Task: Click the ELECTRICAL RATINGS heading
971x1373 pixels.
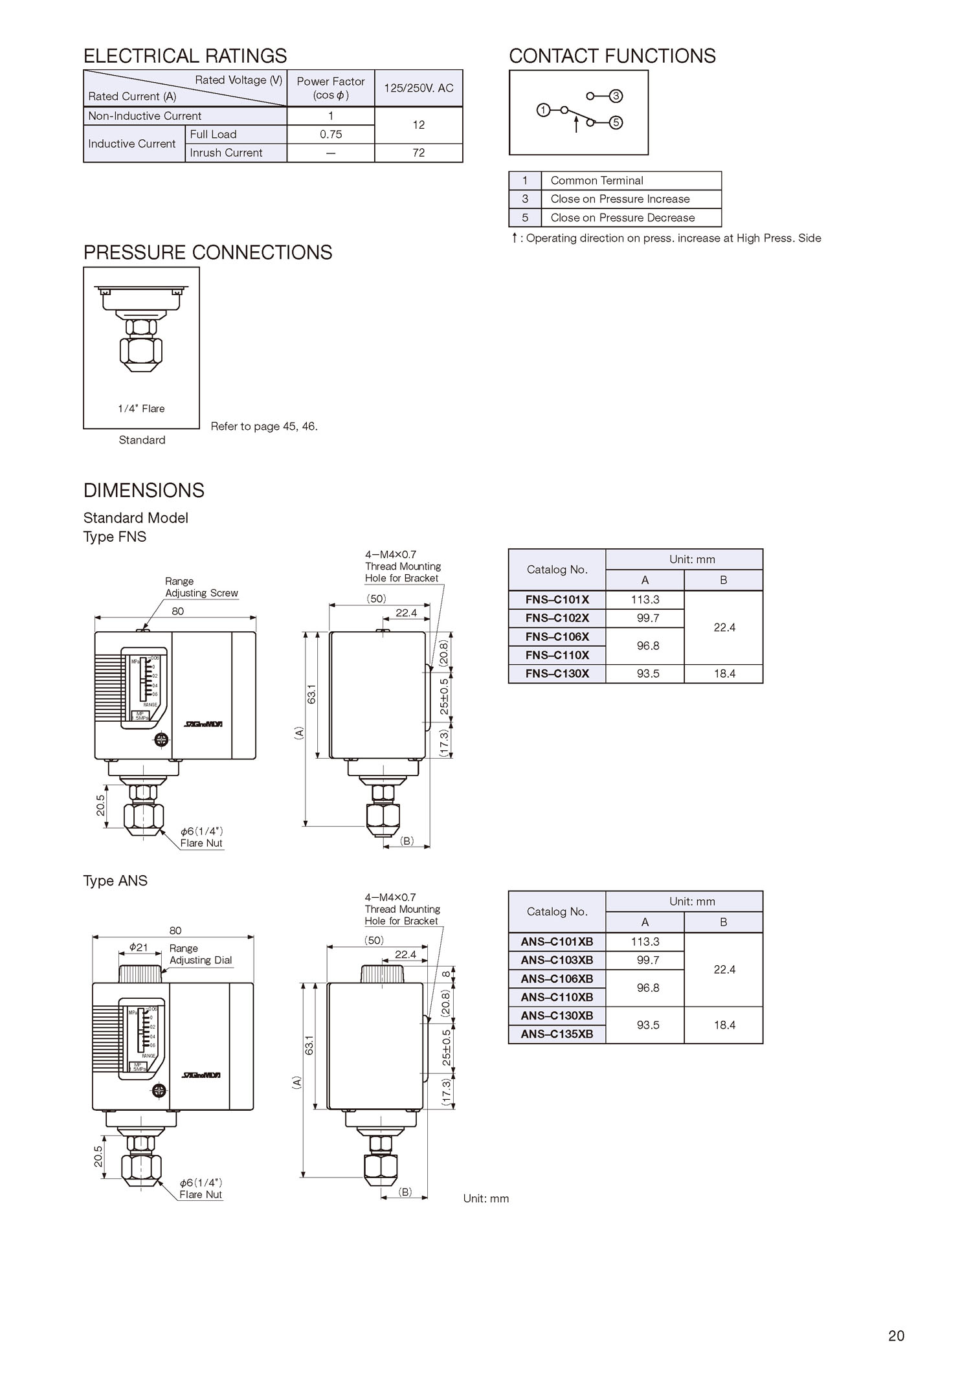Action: coord(185,56)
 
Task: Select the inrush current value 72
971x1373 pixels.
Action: coord(419,153)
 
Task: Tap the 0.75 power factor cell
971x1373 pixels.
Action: coord(331,135)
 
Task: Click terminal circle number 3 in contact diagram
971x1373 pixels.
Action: coord(616,96)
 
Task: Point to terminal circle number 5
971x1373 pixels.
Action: coord(616,122)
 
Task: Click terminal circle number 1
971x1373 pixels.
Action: coord(543,110)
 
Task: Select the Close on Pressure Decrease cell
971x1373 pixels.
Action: coord(622,218)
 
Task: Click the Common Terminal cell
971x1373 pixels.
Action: coord(596,181)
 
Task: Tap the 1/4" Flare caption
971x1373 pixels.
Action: coord(141,408)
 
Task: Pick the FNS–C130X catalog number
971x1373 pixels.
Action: coord(557,674)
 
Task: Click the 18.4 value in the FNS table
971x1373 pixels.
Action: coord(724,674)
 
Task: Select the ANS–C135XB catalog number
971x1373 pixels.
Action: coord(557,1034)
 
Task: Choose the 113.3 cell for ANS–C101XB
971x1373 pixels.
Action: coord(645,942)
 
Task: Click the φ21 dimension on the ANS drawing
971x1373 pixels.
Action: coord(139,947)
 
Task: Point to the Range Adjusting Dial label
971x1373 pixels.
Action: coord(200,954)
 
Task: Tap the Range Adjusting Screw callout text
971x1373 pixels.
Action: coord(201,587)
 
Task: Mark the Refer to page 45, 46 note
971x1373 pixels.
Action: coord(264,427)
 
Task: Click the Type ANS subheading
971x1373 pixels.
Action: coord(115,881)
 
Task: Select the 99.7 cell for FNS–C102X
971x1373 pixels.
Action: coord(647,618)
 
